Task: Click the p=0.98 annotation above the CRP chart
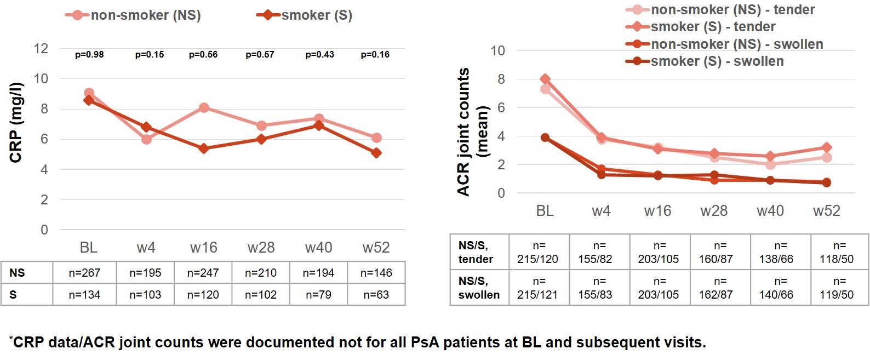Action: [x=89, y=55]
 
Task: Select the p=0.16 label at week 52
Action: [x=375, y=55]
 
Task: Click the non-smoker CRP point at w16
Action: [x=204, y=108]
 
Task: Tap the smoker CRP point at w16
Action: [x=204, y=148]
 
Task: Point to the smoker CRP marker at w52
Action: [x=376, y=153]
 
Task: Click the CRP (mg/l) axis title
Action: [x=16, y=122]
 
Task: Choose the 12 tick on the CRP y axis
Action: [x=41, y=49]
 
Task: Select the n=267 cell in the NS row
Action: [x=84, y=273]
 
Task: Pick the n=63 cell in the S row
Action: [x=376, y=295]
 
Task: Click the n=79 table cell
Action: [x=318, y=295]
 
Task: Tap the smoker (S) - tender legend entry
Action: [x=712, y=27]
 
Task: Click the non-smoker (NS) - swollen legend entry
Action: [x=736, y=44]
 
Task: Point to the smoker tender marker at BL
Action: [x=545, y=79]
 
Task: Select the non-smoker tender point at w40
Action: [x=770, y=164]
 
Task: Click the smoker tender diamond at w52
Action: [x=827, y=147]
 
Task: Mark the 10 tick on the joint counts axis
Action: [x=497, y=51]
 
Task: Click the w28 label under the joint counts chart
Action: [x=714, y=211]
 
